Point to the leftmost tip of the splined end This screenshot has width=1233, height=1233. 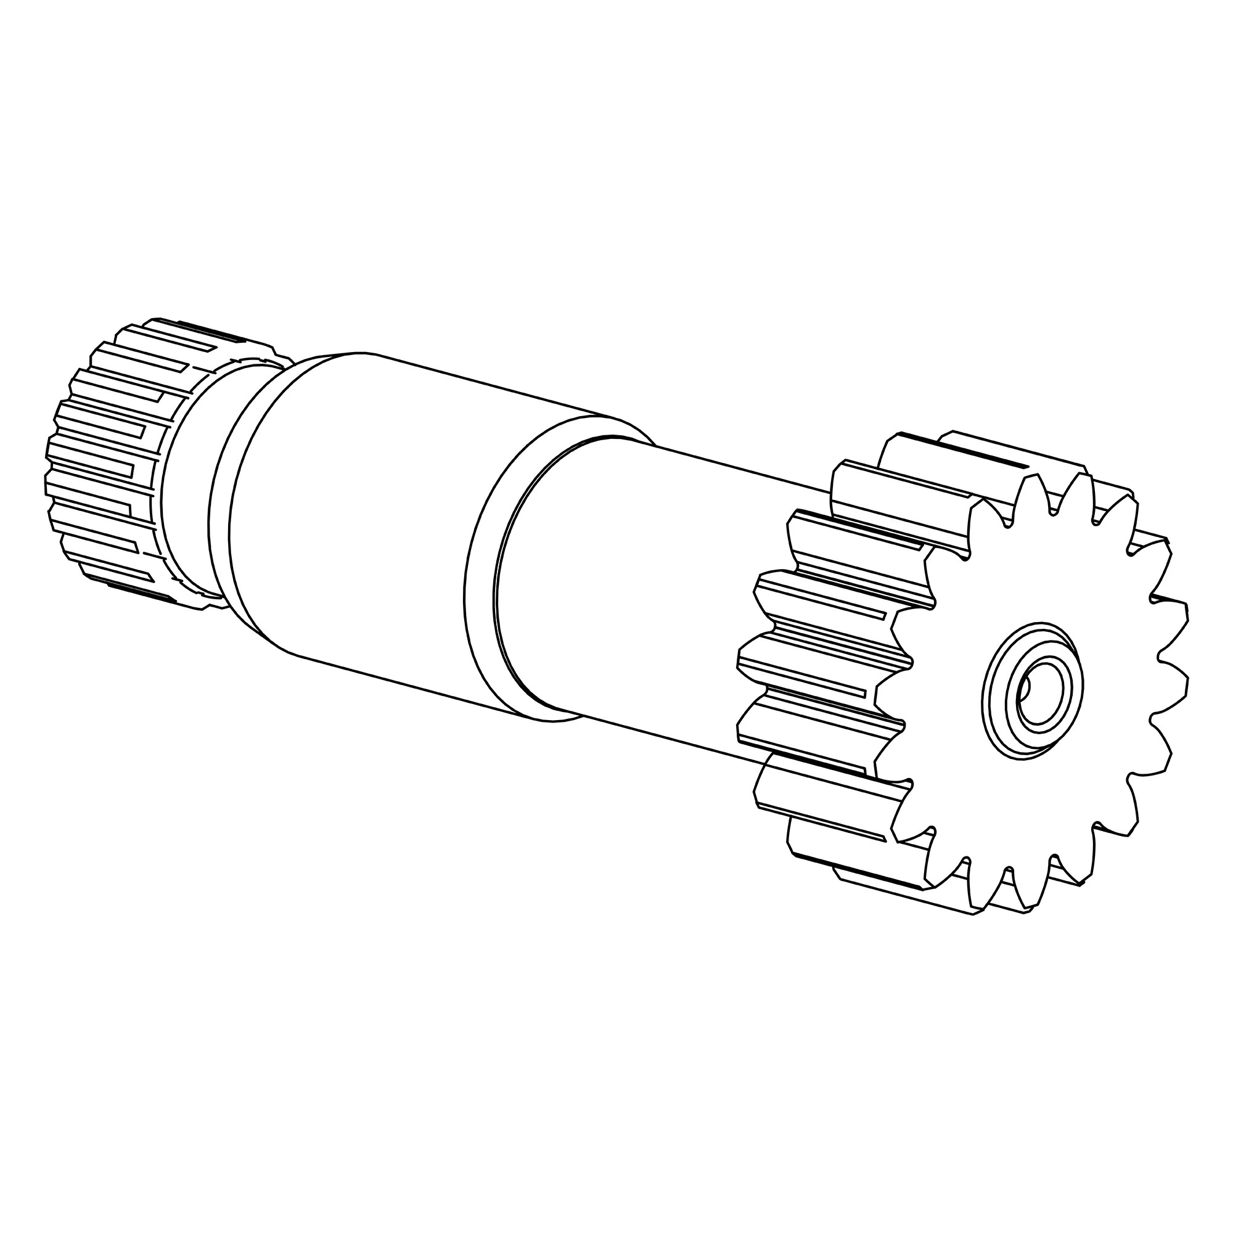46,485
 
